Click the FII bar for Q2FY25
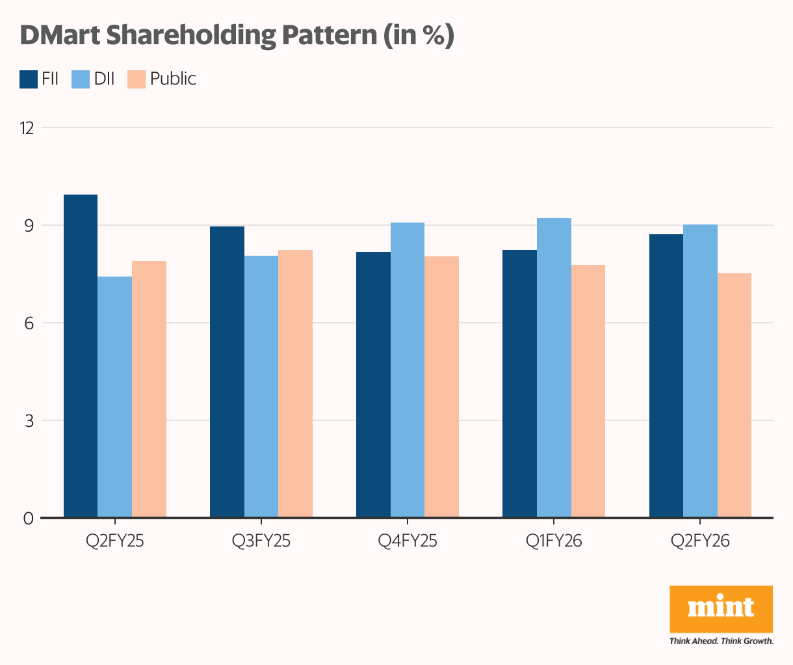(x=81, y=356)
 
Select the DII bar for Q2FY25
(x=115, y=397)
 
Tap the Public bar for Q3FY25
(x=295, y=384)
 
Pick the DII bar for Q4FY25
(x=408, y=370)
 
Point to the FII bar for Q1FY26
(x=519, y=384)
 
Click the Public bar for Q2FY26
(x=734, y=396)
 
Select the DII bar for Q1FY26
(x=554, y=368)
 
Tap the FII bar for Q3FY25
(x=227, y=372)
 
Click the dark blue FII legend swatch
(x=29, y=79)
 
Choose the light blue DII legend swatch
(x=81, y=79)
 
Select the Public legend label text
(x=173, y=79)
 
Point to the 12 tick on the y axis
(x=27, y=128)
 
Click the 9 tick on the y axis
(x=29, y=226)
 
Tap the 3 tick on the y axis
(x=29, y=421)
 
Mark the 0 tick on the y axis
(x=29, y=519)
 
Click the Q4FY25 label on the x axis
(x=408, y=541)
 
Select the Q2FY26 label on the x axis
(x=700, y=541)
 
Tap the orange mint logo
(x=721, y=608)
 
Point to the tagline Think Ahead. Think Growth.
(x=721, y=641)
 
